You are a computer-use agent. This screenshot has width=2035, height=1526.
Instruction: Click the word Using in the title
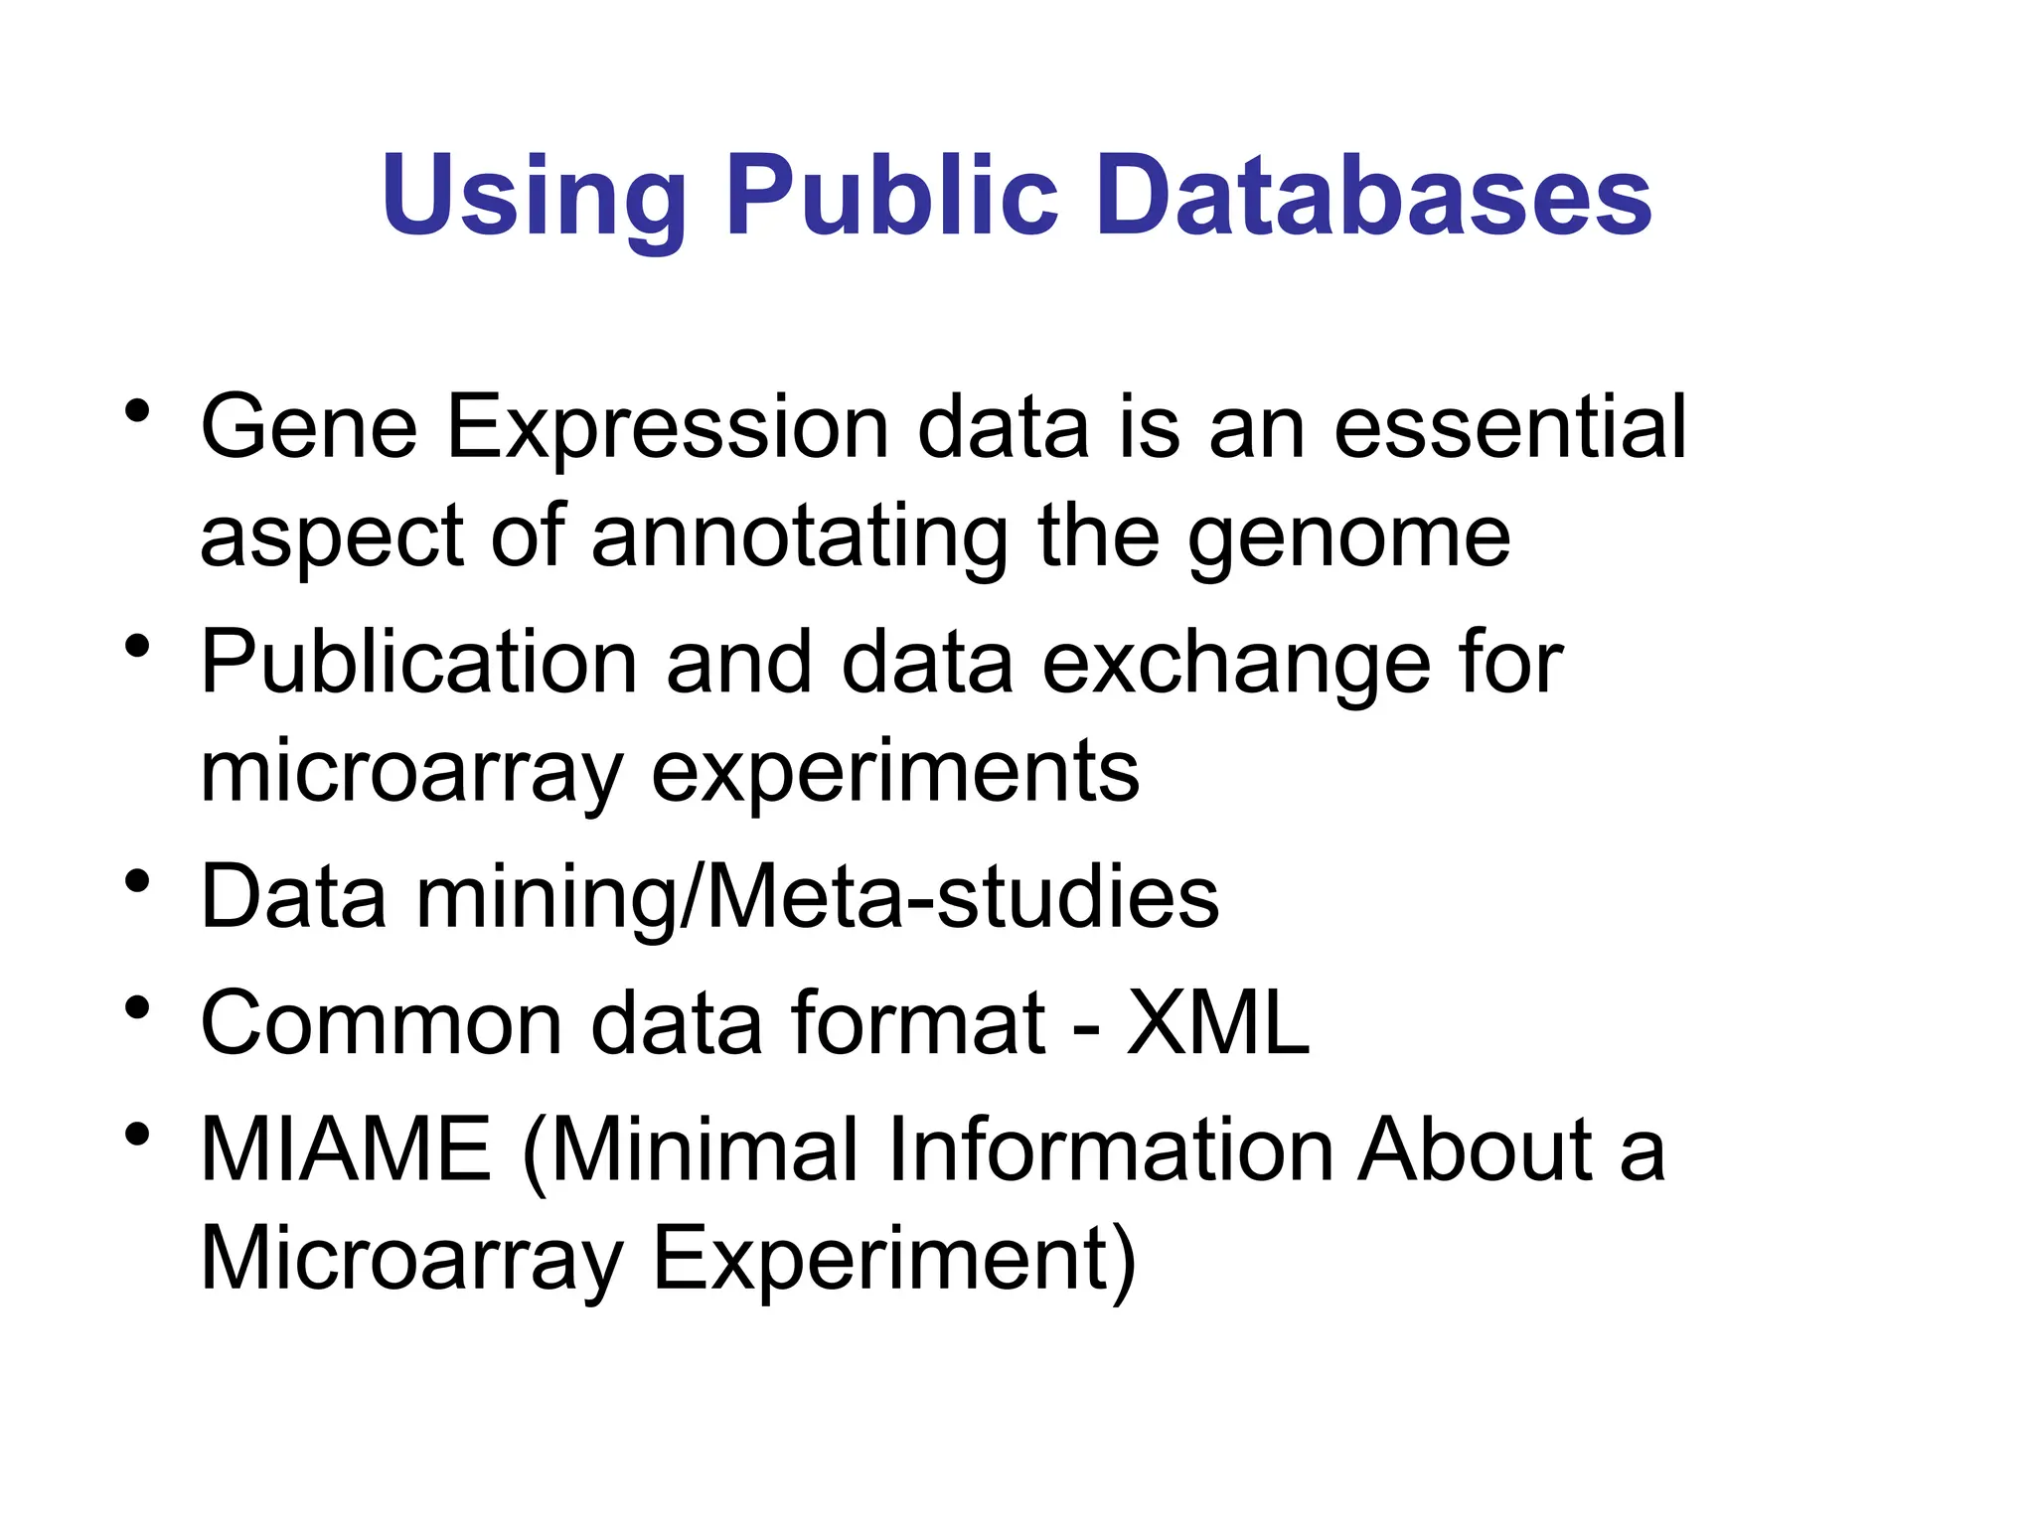pos(533,197)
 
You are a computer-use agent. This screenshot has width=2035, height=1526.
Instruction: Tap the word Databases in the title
pos(1373,195)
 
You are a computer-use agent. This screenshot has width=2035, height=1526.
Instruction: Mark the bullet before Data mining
pos(138,880)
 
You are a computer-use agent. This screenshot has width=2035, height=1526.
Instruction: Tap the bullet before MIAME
pos(138,1134)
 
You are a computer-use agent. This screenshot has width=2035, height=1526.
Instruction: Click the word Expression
pos(667,429)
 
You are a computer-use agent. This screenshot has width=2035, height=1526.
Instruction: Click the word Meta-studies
pos(961,897)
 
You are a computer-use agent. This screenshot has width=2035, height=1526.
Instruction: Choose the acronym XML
pos(1218,1022)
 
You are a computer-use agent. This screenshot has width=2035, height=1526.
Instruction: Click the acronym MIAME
pos(346,1149)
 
